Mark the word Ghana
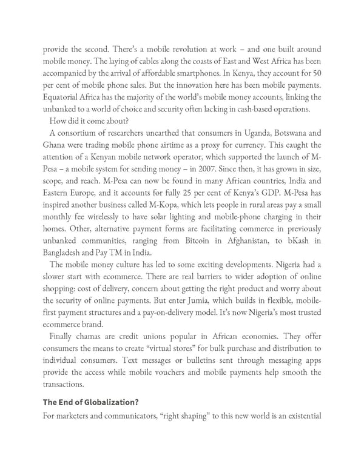pos(56,146)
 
